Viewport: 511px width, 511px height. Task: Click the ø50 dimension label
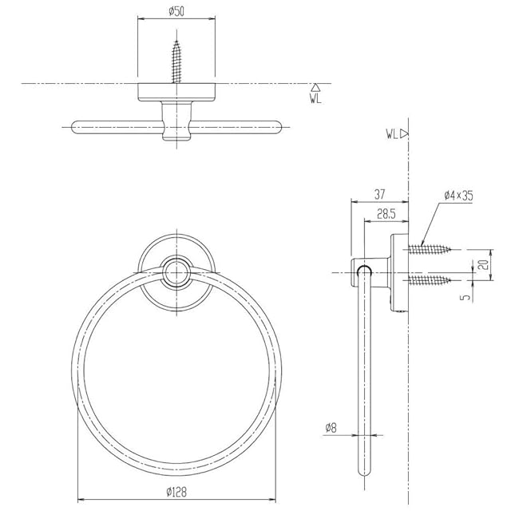click(x=176, y=12)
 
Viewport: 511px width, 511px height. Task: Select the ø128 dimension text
click(x=176, y=492)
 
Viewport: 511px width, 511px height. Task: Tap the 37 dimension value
click(x=379, y=195)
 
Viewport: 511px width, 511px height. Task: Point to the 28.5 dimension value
click(x=386, y=214)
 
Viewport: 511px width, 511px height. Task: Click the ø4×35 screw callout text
click(x=458, y=196)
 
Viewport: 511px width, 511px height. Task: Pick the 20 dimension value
click(x=485, y=264)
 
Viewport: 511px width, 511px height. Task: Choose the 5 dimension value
click(x=467, y=296)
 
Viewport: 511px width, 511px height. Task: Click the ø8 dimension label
click(x=331, y=428)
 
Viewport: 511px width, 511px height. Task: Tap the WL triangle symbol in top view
click(x=315, y=87)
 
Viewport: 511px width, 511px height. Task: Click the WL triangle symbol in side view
click(x=405, y=133)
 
